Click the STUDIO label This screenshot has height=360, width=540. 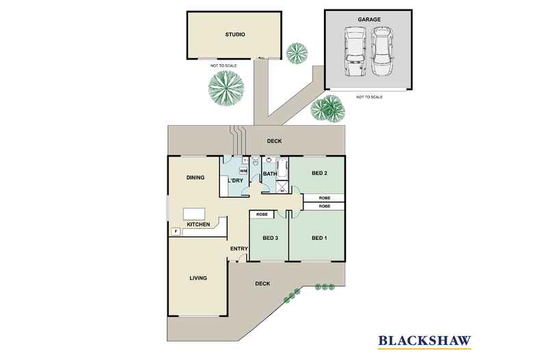coord(235,34)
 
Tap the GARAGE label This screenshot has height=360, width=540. coord(369,20)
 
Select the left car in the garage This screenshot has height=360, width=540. coord(355,52)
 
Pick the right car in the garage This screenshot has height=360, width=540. coord(382,52)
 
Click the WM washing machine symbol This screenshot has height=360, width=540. coord(243,171)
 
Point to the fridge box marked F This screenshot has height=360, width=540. coord(176,232)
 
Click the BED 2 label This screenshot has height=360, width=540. coord(319,173)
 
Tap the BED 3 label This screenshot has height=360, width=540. coord(271,238)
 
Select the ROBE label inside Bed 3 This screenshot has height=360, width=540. coord(262,214)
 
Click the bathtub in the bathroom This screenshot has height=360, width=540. coord(282,168)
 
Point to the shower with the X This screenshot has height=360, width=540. coord(282,186)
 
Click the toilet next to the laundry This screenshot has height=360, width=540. coord(256,162)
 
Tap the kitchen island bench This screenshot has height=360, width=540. coord(194,214)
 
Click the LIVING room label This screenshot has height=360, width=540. coord(198,278)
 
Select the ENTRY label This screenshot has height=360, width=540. coord(239,249)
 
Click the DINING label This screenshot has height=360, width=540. coord(195,178)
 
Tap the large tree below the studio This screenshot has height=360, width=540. coord(226,87)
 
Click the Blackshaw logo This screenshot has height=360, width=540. coord(424,341)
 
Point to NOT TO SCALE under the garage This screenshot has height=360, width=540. coord(369,97)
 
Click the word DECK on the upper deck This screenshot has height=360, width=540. coord(275,141)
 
